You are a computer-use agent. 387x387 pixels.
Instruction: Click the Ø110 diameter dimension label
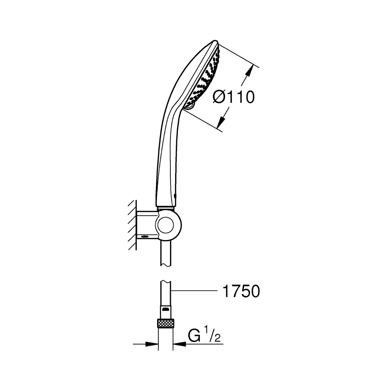[233, 97]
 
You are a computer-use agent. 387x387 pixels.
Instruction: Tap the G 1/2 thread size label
[204, 335]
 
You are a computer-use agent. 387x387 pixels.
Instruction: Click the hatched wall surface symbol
[133, 225]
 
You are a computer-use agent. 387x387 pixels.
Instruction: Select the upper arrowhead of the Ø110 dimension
[250, 71]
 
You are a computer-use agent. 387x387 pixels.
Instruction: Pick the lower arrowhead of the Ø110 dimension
[222, 122]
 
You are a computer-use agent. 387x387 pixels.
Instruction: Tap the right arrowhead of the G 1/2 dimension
[179, 344]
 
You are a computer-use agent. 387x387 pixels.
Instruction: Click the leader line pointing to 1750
[195, 291]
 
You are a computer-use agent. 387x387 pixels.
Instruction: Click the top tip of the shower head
[215, 41]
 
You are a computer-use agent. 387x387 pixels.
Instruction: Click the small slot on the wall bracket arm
[145, 236]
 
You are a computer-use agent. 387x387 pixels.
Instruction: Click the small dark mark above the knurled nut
[166, 309]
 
